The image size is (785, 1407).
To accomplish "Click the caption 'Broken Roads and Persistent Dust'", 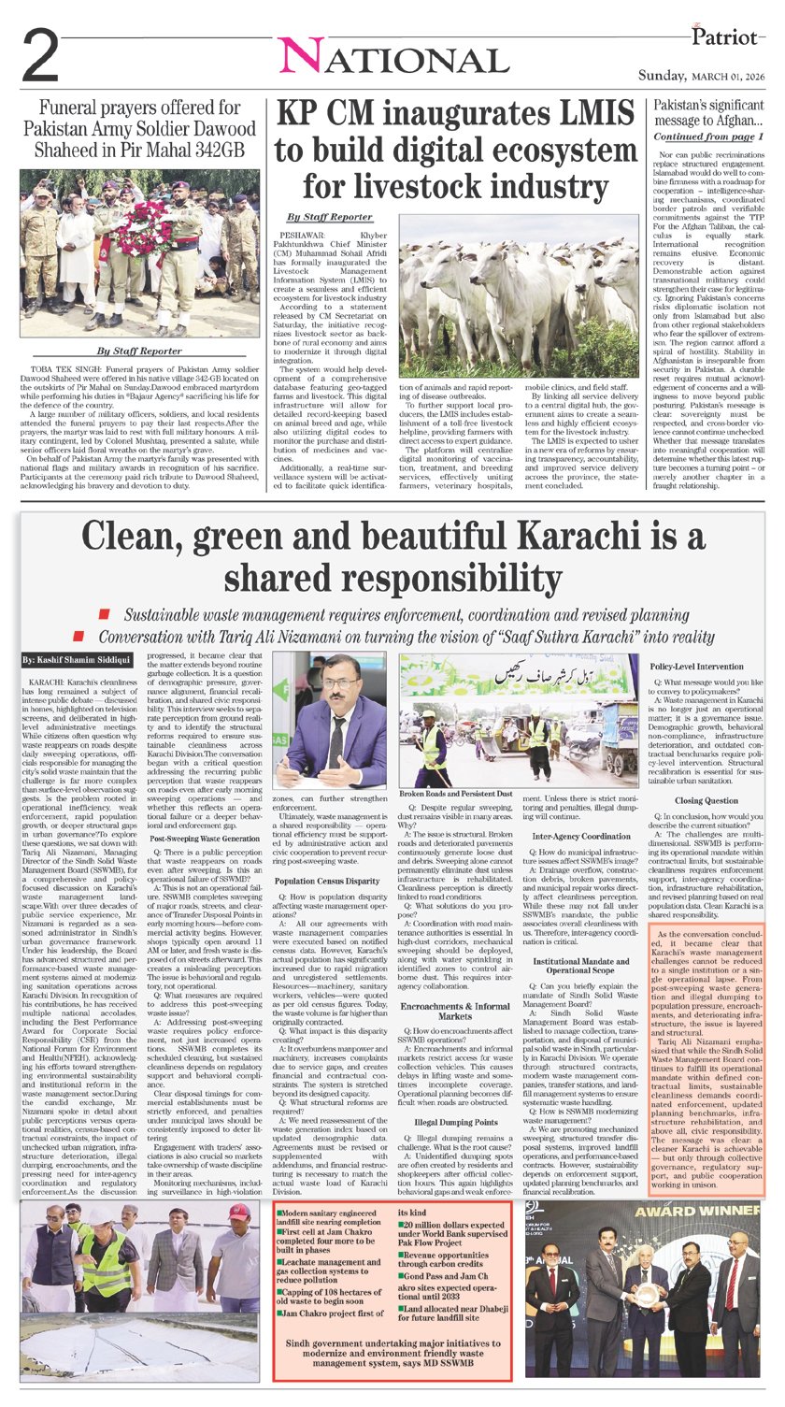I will (x=454, y=793).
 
